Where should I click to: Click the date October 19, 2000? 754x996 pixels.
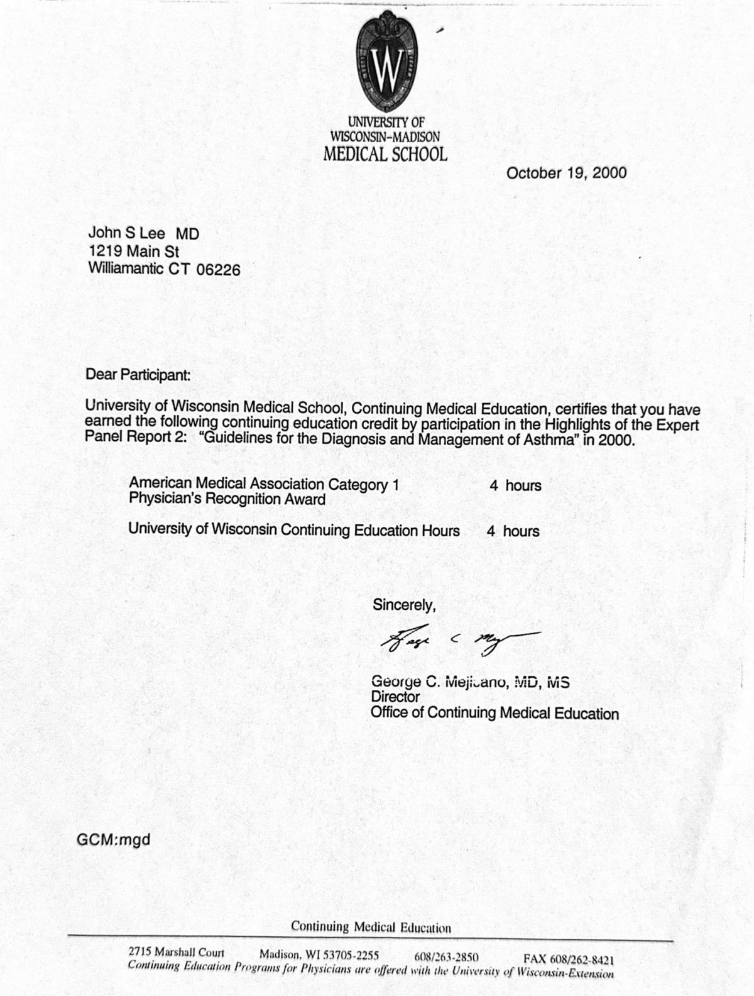coord(566,173)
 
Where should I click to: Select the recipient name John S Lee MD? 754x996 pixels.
coord(144,234)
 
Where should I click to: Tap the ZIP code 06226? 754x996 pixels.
coord(219,270)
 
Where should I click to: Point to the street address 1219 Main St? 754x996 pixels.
coord(134,252)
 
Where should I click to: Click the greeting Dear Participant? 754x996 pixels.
coord(138,375)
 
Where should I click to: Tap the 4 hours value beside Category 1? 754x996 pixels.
coord(515,485)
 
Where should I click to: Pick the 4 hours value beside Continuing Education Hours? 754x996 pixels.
coord(513,531)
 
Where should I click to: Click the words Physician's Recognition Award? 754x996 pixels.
coord(227,499)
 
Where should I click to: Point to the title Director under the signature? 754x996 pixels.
coord(395,697)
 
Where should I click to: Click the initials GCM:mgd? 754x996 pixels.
coord(114,839)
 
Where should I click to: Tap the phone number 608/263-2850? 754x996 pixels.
coord(446,958)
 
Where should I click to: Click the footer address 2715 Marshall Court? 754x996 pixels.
coord(175,953)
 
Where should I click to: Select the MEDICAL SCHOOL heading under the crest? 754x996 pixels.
coord(385,154)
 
